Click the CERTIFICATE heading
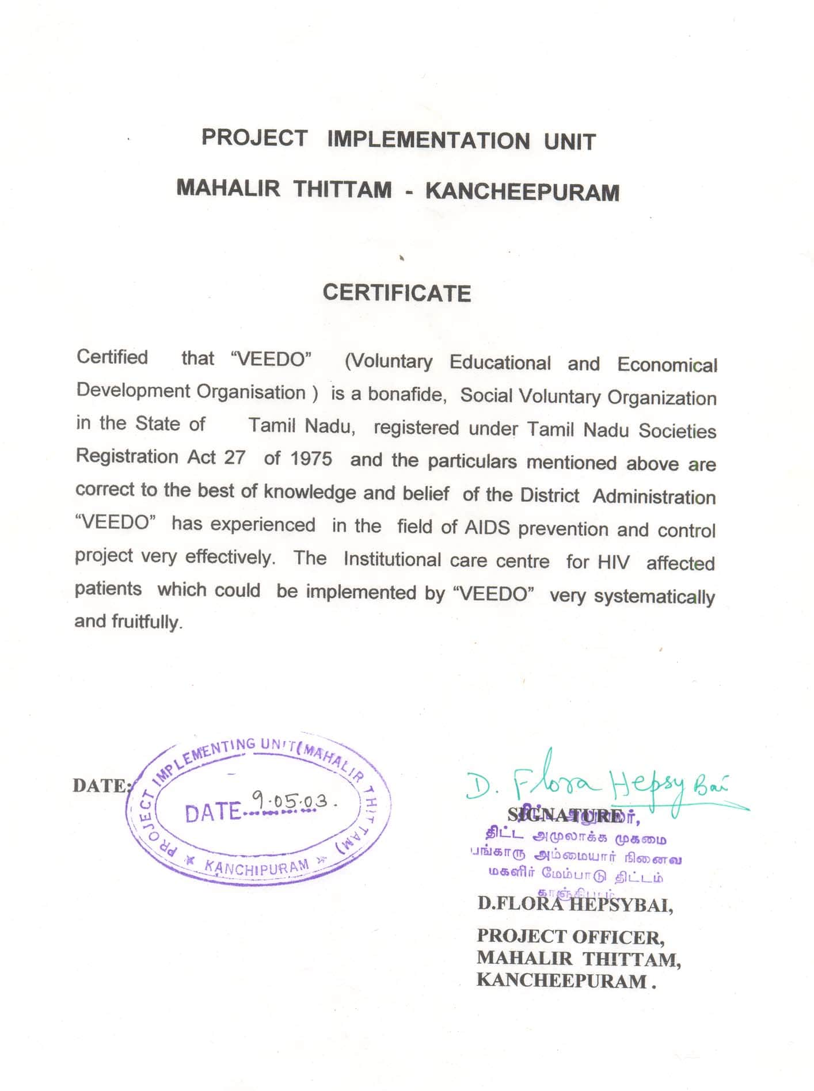tap(397, 293)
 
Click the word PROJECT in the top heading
tap(254, 138)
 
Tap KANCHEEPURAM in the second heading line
tap(522, 192)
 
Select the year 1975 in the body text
tap(311, 459)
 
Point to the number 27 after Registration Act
tap(235, 457)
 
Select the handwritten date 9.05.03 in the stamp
tap(291, 800)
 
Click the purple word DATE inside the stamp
tap(212, 812)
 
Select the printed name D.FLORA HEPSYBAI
tap(575, 905)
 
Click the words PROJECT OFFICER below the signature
tap(570, 937)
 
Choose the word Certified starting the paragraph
tap(112, 357)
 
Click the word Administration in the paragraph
tap(654, 497)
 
